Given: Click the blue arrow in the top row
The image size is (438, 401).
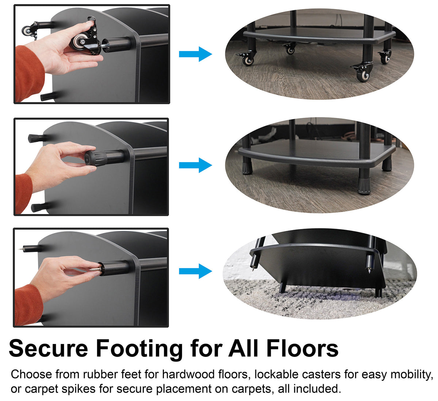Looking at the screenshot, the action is coord(195,54).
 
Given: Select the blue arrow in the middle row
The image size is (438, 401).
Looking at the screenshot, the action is coord(195,165).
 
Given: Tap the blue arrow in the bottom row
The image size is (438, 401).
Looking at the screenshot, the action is coord(195,271).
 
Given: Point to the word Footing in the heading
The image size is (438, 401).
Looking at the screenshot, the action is coord(139,350).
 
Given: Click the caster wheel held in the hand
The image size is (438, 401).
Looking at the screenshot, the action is coord(79,41).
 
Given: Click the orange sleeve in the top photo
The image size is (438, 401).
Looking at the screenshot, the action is coord(30,73).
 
